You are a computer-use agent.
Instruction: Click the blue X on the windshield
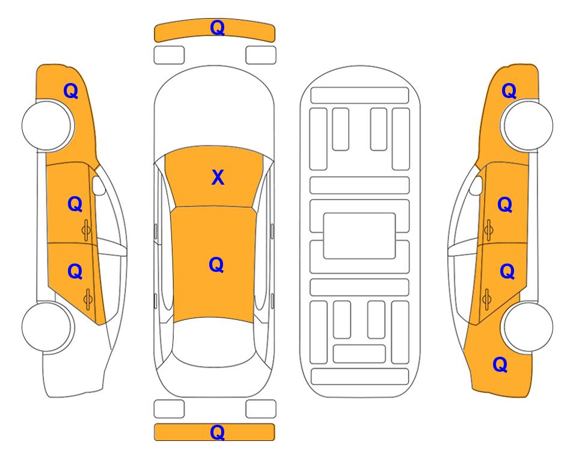218,177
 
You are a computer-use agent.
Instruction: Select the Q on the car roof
216,265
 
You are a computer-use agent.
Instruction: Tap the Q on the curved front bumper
218,27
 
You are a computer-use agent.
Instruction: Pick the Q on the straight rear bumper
218,432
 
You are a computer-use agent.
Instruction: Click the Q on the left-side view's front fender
71,91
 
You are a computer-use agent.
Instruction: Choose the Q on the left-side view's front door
75,204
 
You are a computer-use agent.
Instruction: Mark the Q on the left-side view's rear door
75,272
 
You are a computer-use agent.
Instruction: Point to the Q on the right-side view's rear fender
500,365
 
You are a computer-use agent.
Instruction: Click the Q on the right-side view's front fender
509,91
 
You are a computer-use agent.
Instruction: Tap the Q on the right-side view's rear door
507,272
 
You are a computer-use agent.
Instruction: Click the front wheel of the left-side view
48,126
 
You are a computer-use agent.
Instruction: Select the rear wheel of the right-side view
527,327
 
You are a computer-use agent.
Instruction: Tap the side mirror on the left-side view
98,185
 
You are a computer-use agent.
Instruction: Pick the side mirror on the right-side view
476,185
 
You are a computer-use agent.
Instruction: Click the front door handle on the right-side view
489,230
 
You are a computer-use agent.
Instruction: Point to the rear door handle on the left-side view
88,299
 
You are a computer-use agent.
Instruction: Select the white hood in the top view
214,111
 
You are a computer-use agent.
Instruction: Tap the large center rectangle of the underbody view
360,236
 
